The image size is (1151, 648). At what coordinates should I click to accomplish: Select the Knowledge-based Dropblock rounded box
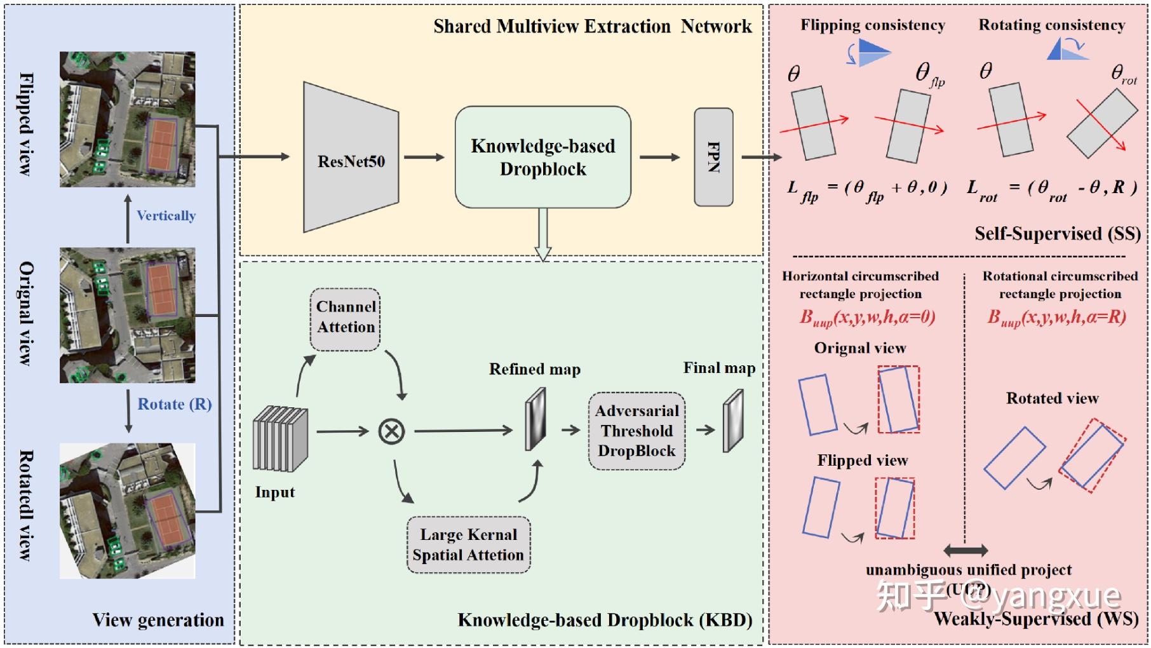(542, 157)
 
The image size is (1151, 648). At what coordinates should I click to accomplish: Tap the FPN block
(713, 157)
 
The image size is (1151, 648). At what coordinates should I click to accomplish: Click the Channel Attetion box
(346, 318)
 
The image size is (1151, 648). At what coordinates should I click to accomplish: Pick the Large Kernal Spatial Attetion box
(468, 545)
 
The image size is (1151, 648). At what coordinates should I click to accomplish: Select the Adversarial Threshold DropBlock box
(636, 431)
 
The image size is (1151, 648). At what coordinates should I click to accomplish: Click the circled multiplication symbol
(391, 432)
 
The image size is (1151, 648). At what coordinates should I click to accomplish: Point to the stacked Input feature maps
(280, 438)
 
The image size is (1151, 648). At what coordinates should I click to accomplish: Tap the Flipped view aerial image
(127, 119)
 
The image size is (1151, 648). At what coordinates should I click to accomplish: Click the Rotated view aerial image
(127, 511)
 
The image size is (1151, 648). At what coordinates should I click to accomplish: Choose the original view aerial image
(127, 315)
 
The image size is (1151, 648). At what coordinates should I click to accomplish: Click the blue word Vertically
(166, 216)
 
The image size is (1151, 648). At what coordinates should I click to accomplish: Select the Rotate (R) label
(175, 405)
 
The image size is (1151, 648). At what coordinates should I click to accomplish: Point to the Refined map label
(534, 369)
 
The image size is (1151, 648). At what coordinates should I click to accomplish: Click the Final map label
(719, 368)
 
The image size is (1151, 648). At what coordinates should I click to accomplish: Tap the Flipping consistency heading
(872, 25)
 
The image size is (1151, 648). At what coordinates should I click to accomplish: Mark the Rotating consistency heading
(1051, 25)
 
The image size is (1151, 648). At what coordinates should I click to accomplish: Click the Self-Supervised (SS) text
(1057, 234)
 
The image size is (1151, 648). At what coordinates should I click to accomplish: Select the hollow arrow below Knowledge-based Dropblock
(543, 234)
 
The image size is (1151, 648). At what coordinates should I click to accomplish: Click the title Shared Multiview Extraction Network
(592, 27)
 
